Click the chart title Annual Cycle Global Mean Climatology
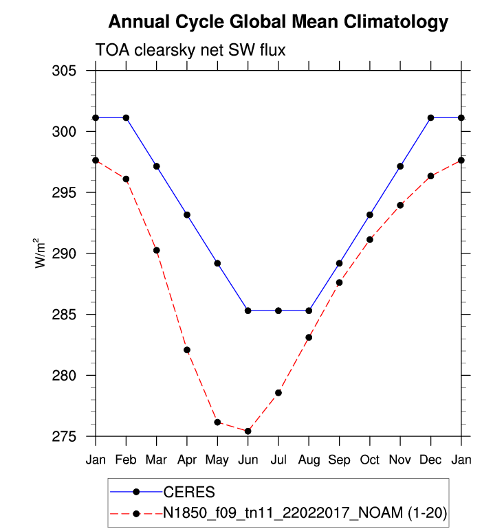[278, 22]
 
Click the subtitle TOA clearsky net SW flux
[189, 50]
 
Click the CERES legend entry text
[189, 492]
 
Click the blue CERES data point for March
[157, 166]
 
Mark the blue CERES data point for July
[278, 310]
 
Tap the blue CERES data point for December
[430, 117]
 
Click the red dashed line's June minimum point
[248, 431]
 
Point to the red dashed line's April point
[187, 350]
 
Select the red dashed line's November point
[400, 205]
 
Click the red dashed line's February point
[126, 179]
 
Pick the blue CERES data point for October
[370, 215]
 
